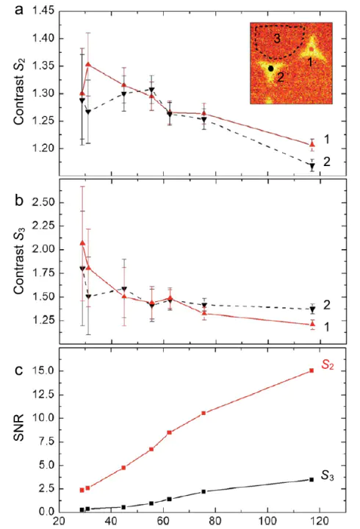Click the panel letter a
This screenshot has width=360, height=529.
point(19,10)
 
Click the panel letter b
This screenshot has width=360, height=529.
point(19,200)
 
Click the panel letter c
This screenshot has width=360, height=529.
point(19,370)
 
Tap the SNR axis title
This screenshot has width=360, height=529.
point(19,428)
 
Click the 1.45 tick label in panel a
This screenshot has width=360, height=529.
point(43,11)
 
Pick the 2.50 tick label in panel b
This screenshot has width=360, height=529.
point(43,203)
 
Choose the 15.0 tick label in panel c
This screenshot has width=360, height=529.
point(43,371)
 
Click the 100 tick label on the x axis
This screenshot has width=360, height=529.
point(267,522)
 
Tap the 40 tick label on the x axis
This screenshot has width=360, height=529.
point(111,522)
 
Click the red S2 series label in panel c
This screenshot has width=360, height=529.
point(327,364)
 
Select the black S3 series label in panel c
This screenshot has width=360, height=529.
point(327,475)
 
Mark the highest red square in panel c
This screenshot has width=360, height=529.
point(312,370)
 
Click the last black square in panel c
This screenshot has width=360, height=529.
point(312,479)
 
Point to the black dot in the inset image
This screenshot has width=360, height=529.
point(270,68)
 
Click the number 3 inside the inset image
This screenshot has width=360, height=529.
point(277,38)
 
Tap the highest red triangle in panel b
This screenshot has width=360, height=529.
point(82,243)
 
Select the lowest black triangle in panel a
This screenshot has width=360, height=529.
point(312,166)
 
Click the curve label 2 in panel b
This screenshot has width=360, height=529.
point(327,305)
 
